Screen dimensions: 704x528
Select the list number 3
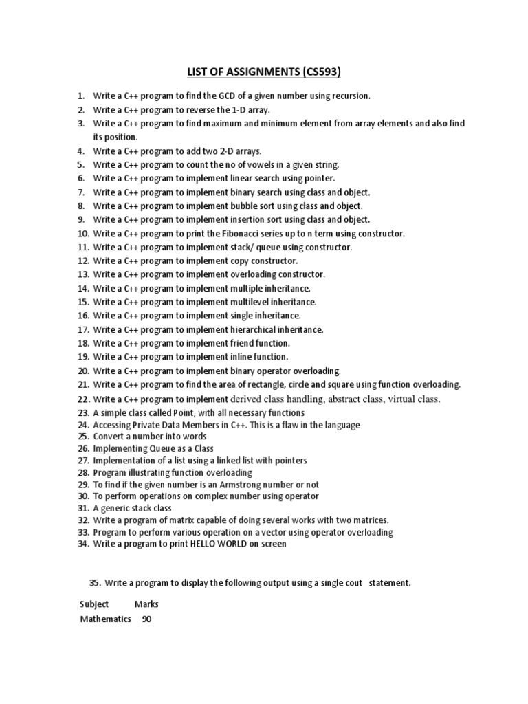point(80,124)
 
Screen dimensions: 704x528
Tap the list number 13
point(83,274)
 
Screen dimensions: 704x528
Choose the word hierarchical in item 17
point(256,329)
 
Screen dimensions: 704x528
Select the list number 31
point(83,509)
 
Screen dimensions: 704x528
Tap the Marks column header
point(146,604)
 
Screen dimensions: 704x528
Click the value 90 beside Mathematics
point(146,619)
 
